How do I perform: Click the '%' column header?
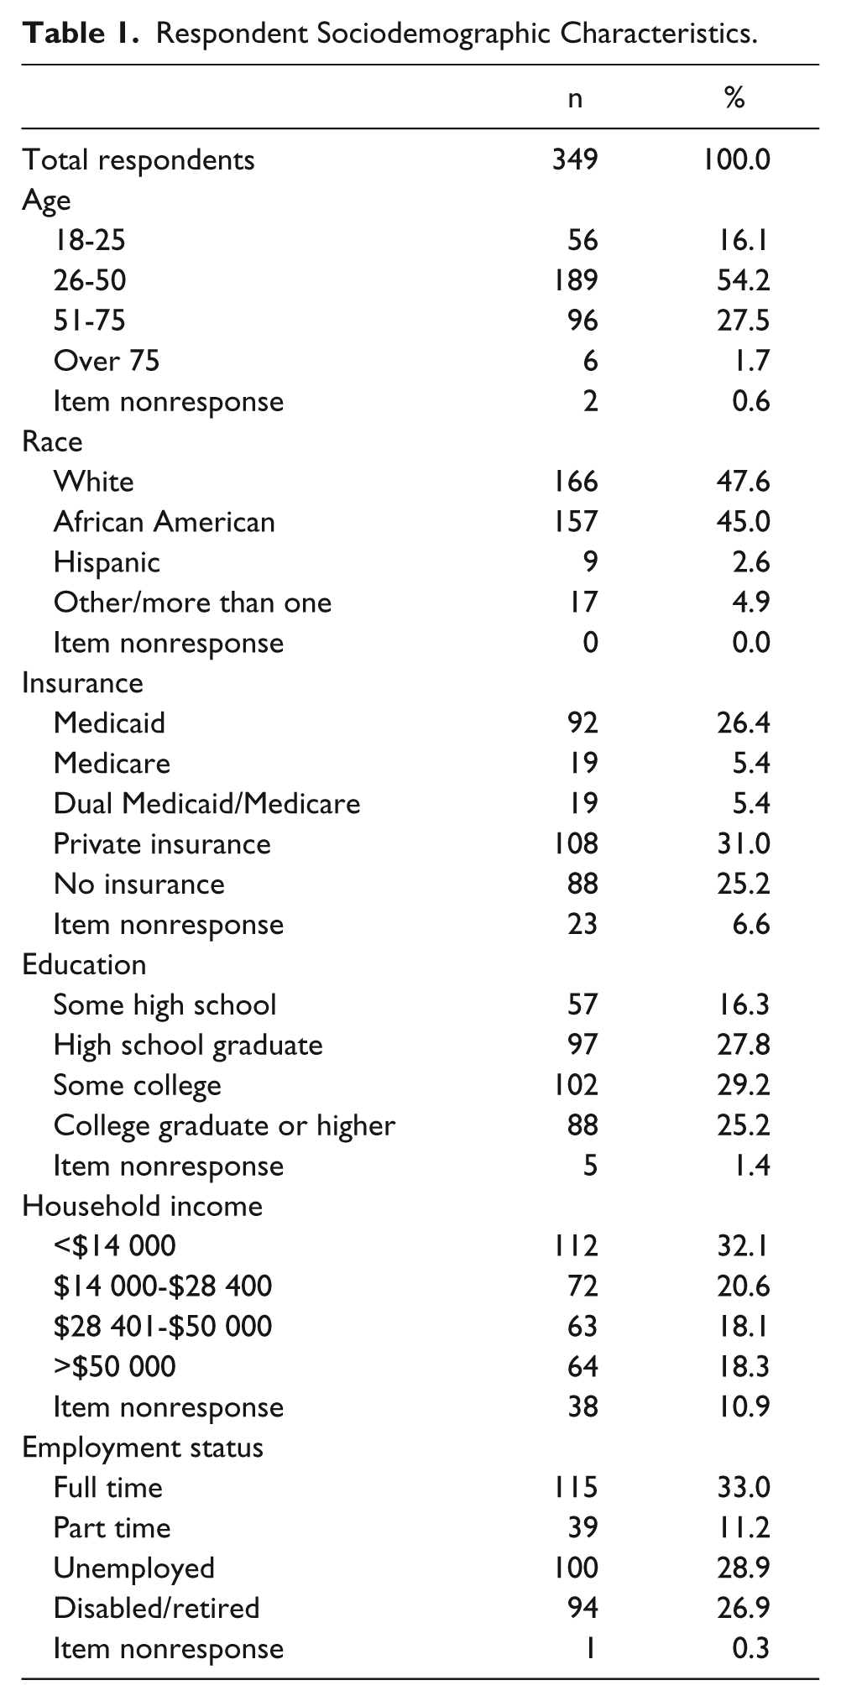click(734, 98)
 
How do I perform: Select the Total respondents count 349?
click(575, 159)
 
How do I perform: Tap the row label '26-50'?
click(90, 279)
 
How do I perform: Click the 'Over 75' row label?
click(107, 360)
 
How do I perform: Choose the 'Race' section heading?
click(52, 441)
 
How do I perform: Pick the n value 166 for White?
click(575, 481)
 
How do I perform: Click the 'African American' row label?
click(165, 521)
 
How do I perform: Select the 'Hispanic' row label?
click(107, 561)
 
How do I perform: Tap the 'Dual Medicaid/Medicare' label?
click(207, 803)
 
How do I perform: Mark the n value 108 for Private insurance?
click(575, 843)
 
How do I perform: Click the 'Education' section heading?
click(85, 964)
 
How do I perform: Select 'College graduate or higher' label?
click(224, 1125)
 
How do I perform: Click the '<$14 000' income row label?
click(115, 1245)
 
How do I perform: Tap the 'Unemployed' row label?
click(134, 1568)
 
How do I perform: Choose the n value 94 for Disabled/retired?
click(583, 1608)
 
